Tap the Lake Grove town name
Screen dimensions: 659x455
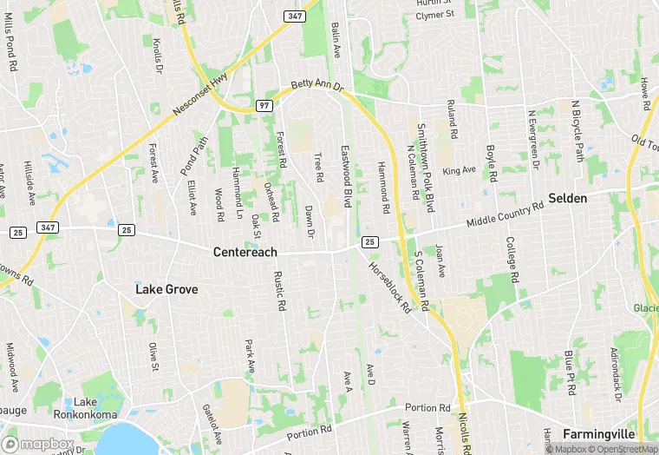166,289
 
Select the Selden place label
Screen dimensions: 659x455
568,199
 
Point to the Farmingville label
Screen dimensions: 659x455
599,433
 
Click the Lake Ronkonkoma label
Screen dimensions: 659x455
85,407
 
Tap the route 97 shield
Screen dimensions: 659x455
264,105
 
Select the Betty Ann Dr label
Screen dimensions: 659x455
317,88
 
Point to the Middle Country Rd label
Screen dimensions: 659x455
505,214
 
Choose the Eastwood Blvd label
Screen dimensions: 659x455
347,176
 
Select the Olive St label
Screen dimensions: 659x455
153,357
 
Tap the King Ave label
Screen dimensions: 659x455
460,170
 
